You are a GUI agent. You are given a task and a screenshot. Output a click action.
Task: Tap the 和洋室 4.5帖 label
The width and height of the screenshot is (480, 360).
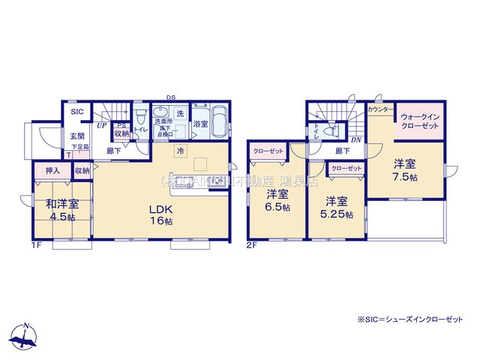coord(63,210)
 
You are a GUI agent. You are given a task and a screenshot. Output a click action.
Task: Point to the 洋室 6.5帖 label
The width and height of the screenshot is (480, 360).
coord(277,200)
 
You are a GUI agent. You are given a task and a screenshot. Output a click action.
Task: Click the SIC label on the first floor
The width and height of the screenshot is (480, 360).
coord(77,112)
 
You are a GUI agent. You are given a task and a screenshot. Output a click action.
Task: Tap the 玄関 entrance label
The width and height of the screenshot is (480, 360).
coord(77,136)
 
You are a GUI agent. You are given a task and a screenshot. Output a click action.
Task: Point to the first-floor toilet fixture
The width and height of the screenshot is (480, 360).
coord(140,118)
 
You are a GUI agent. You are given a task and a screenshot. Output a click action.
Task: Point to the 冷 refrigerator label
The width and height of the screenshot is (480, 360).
coord(180,151)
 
